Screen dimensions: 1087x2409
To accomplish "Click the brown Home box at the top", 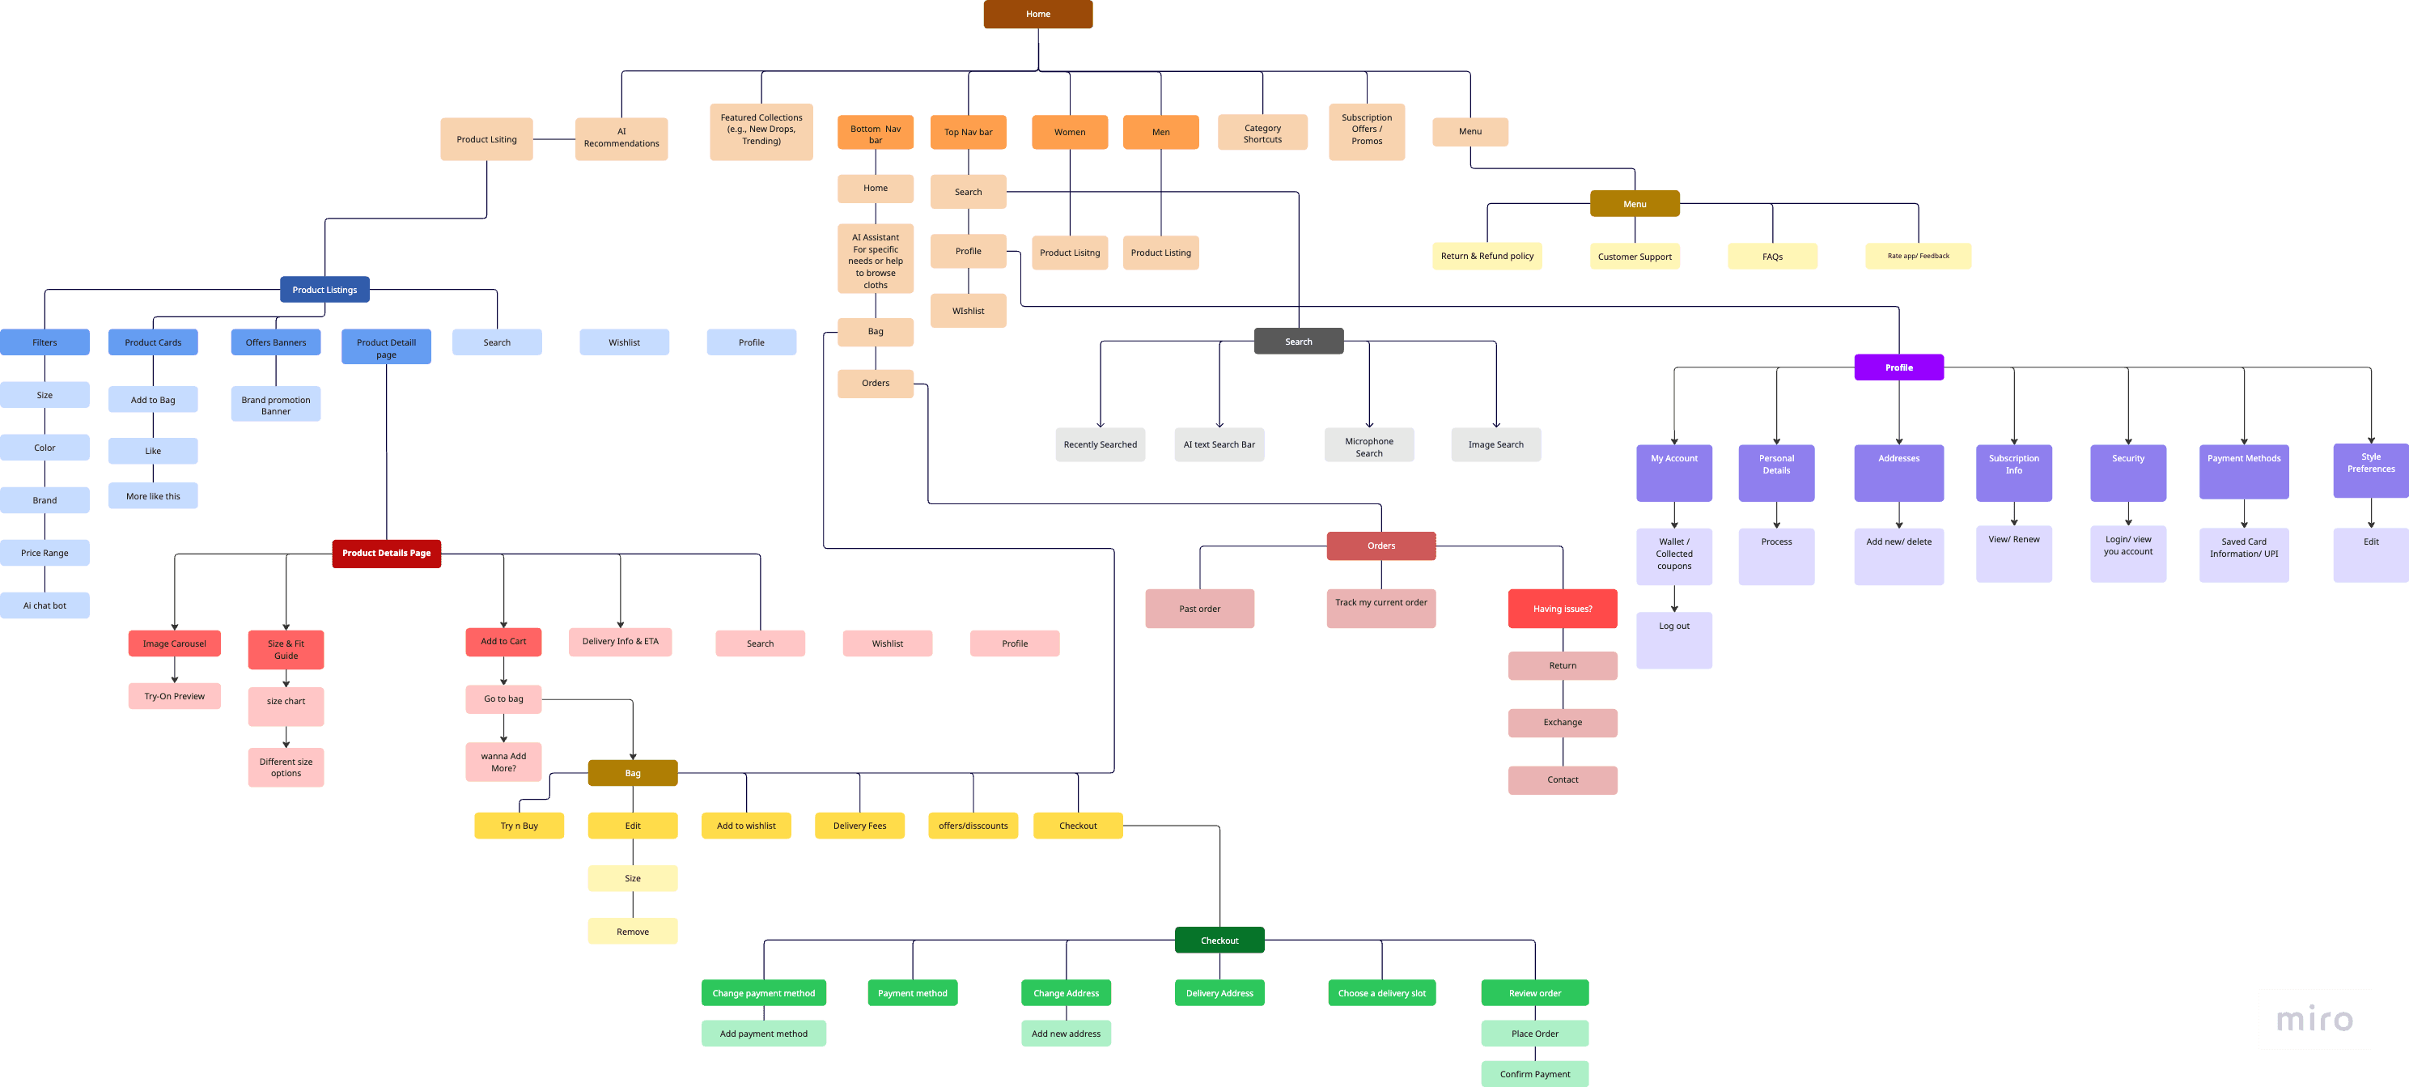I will click(1037, 14).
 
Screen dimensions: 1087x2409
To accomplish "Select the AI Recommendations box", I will click(621, 138).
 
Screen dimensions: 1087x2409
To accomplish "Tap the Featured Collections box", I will click(761, 131).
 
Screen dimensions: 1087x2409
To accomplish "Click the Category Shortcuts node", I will click(1262, 133).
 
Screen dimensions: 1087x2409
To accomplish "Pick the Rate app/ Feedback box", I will click(1917, 257).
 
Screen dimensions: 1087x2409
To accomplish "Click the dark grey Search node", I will click(1298, 342).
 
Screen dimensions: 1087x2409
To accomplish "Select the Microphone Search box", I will click(1368, 445).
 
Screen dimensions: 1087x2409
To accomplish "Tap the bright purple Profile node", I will click(1898, 367).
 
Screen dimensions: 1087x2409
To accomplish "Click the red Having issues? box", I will click(1562, 609).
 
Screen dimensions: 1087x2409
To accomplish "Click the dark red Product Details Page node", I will click(386, 553).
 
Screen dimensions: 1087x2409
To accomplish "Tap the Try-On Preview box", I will click(174, 696).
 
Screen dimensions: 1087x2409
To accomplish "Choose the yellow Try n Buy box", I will click(519, 826).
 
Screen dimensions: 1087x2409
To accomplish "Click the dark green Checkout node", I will click(1219, 941).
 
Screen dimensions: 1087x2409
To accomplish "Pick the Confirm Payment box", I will click(1533, 1074).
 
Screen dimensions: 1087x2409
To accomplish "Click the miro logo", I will click(2314, 1019).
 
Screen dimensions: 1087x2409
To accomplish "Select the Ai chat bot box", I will click(45, 605).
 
